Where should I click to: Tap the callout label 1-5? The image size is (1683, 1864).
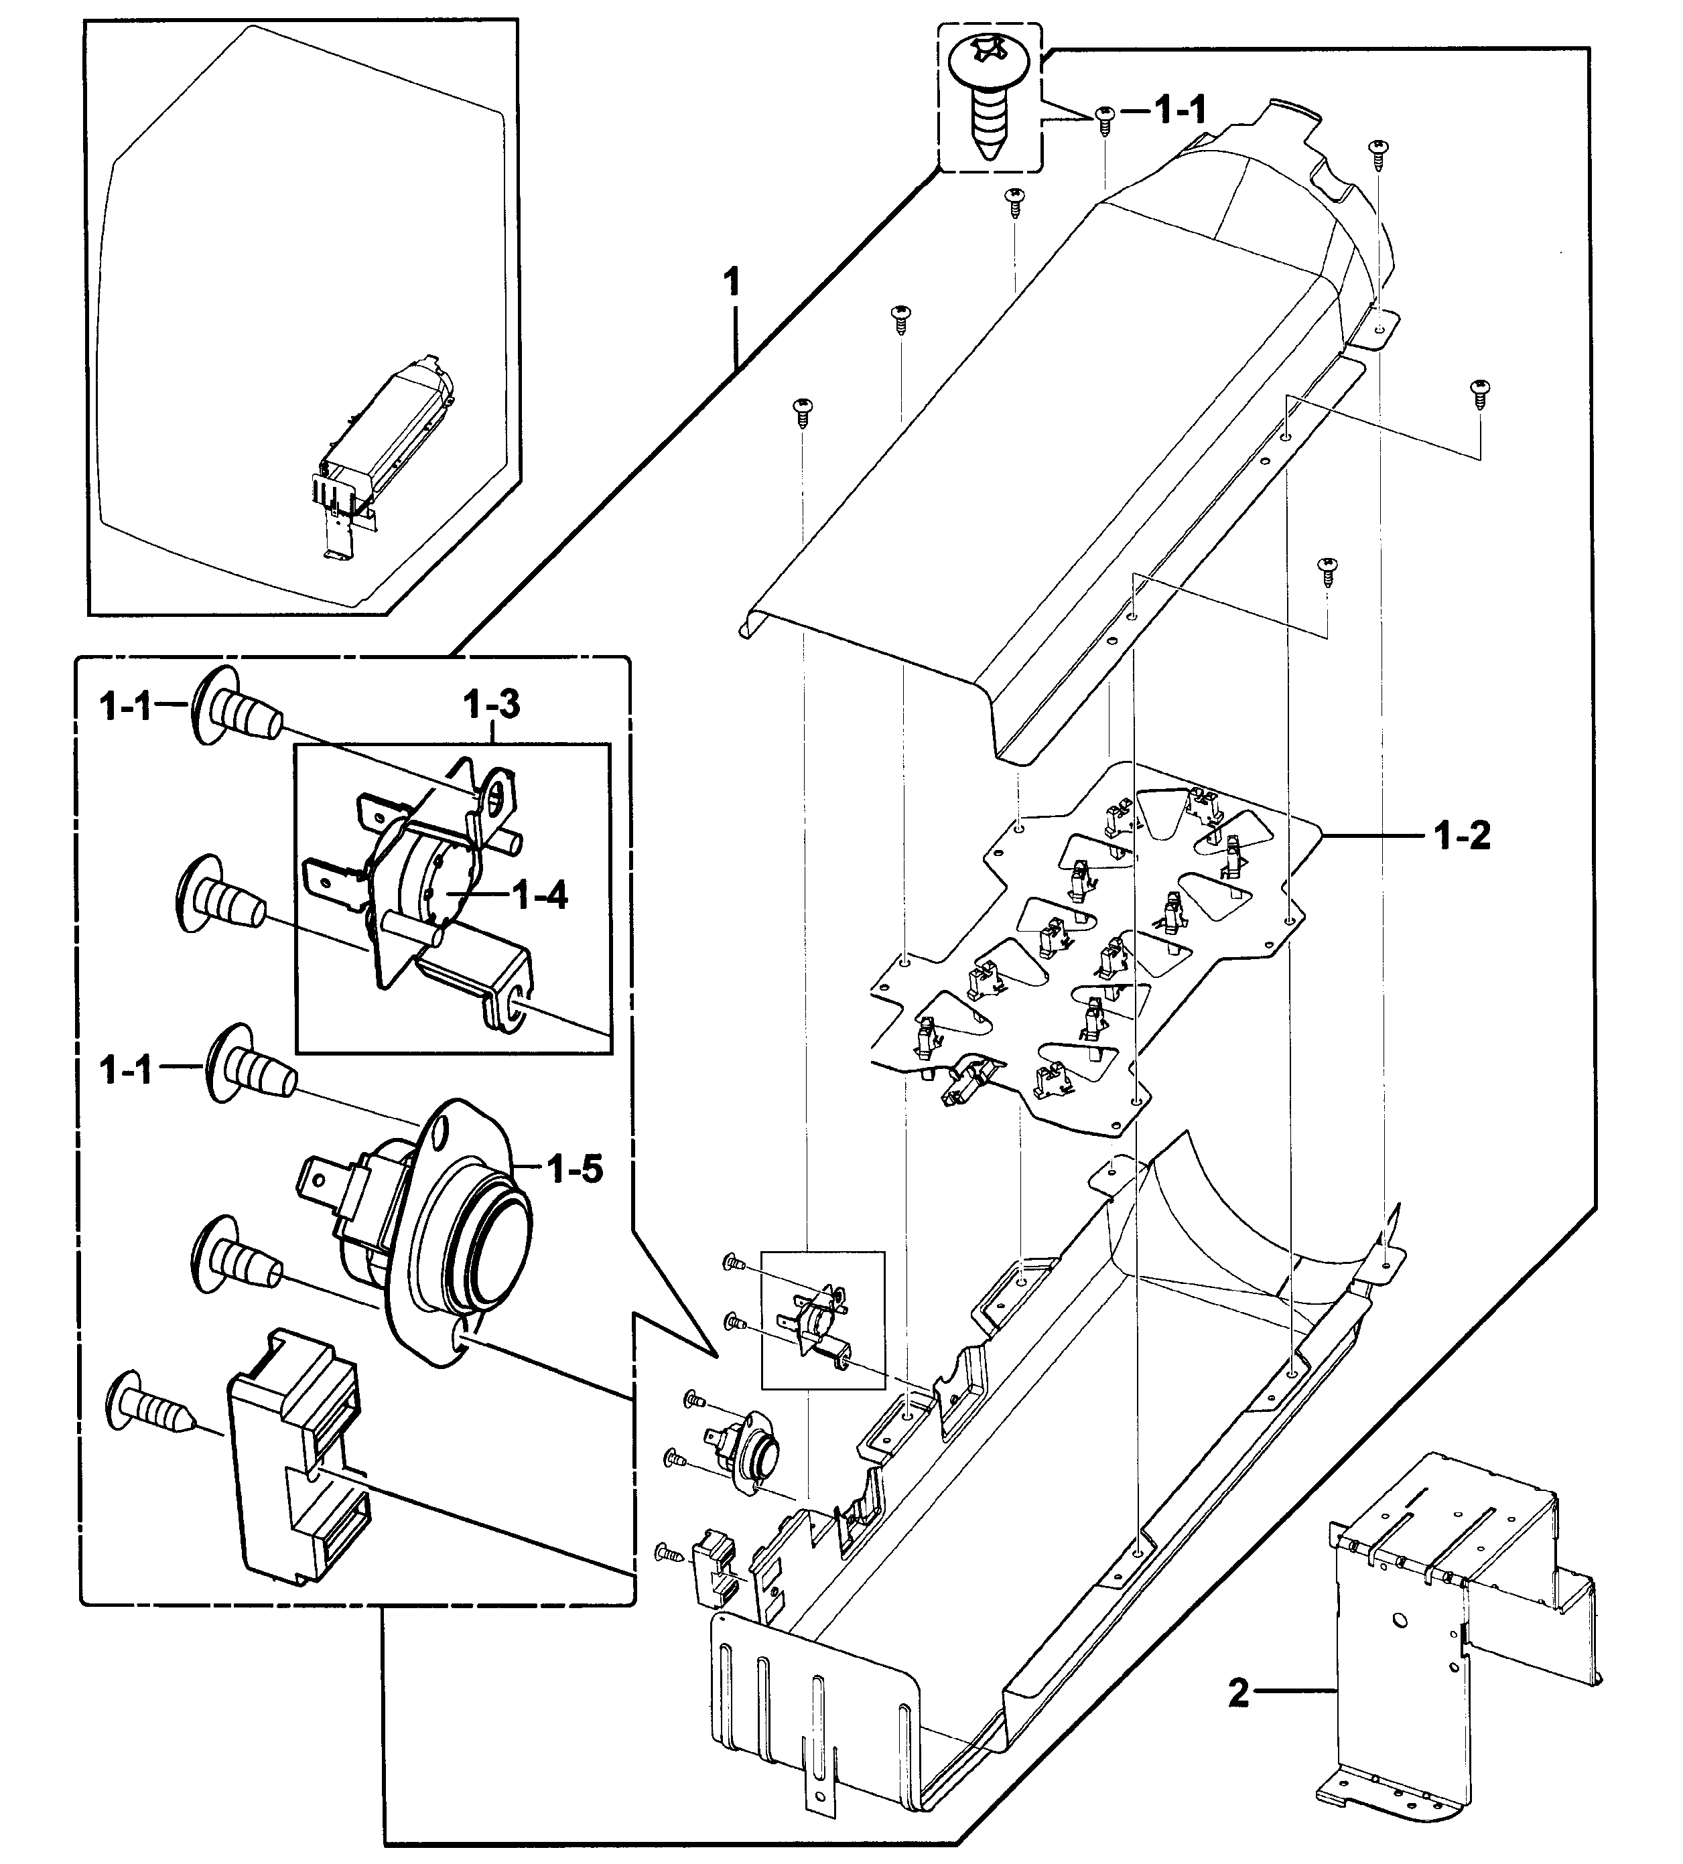pyautogui.click(x=574, y=1169)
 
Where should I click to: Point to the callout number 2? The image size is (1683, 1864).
pyautogui.click(x=1238, y=1694)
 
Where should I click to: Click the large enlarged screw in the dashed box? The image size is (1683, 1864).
pyautogui.click(x=988, y=102)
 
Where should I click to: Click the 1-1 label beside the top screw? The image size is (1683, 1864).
pyautogui.click(x=1180, y=111)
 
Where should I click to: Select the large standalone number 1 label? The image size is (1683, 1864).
pyautogui.click(x=732, y=283)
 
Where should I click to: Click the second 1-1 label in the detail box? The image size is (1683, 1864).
pyautogui.click(x=127, y=1072)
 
